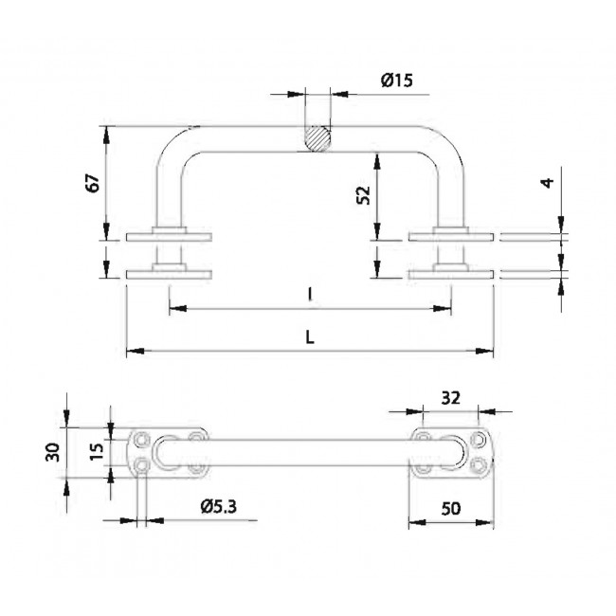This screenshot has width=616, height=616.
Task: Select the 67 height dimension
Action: [93, 183]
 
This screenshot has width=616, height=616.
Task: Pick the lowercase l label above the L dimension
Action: [310, 295]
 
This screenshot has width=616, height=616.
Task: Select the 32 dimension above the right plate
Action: [450, 398]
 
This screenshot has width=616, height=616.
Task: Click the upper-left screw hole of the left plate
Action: [142, 439]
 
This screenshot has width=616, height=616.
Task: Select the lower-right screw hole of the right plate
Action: [479, 465]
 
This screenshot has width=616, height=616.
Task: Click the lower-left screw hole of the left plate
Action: [142, 465]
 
